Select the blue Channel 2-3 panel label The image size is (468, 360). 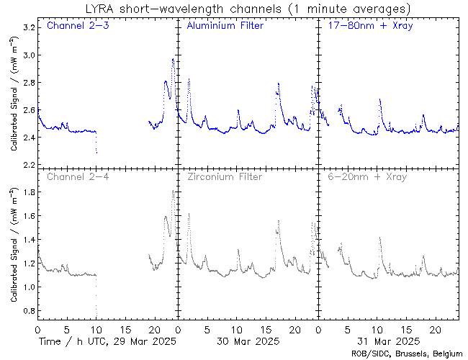pos(78,27)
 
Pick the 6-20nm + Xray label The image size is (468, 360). pos(366,176)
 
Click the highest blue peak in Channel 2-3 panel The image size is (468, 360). pos(173,59)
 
